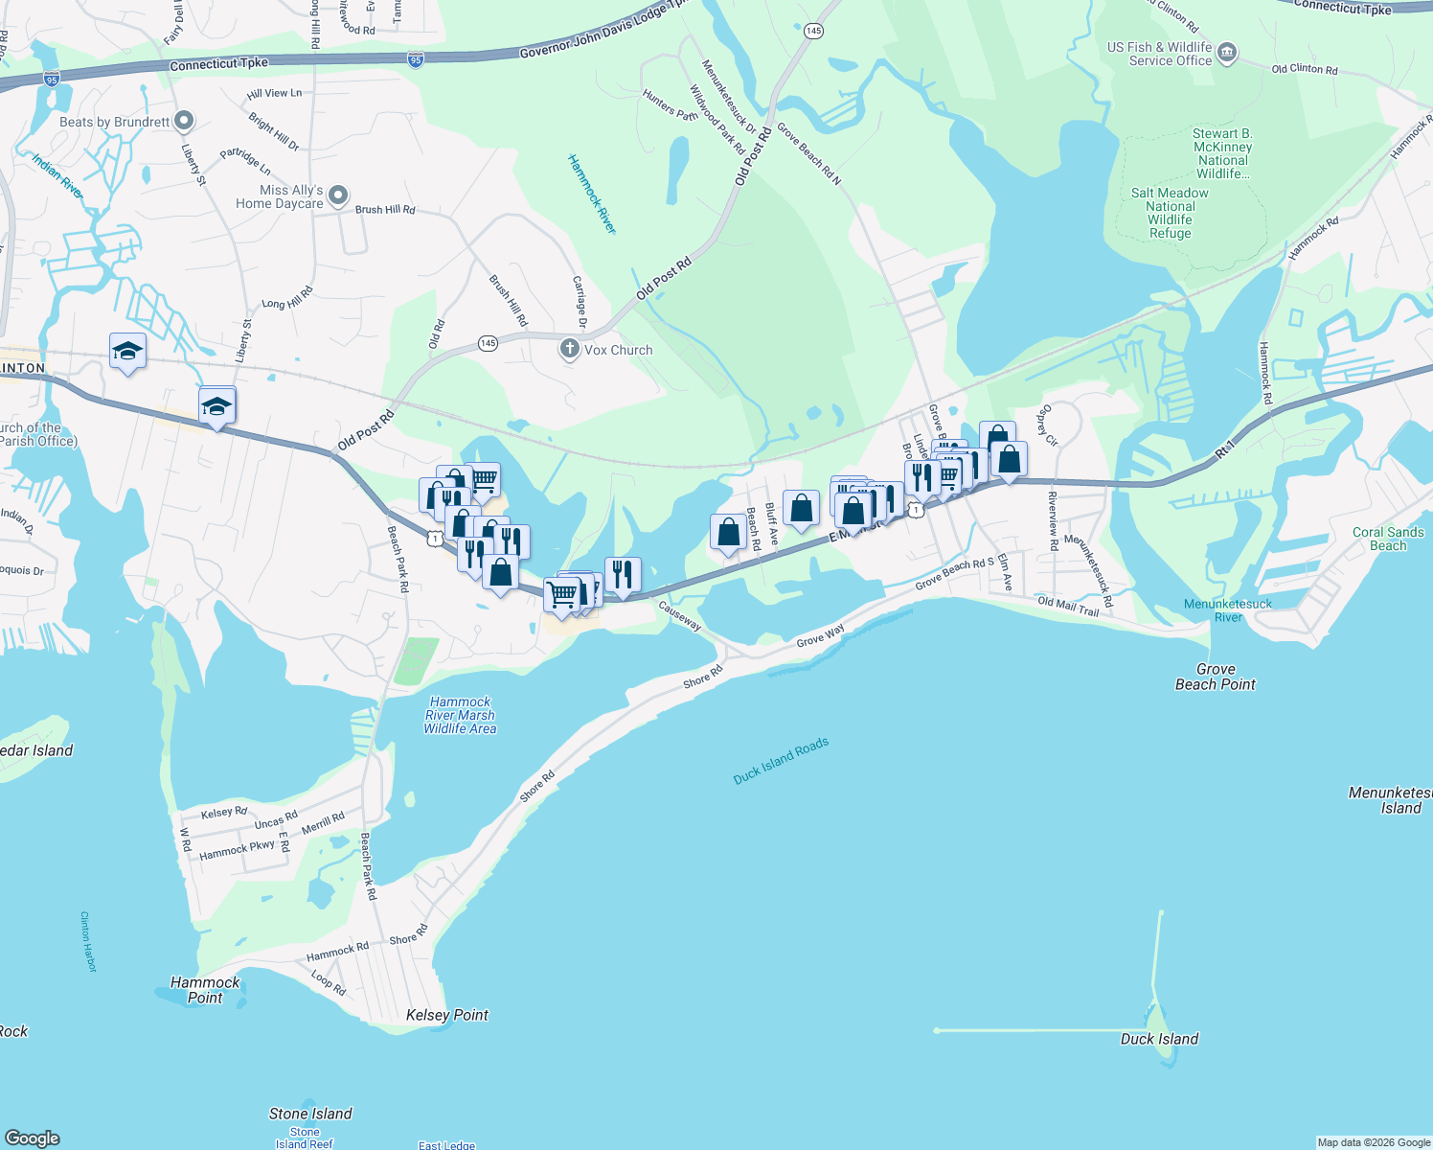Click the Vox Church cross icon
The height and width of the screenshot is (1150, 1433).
[570, 349]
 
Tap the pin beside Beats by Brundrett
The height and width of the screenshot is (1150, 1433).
[184, 122]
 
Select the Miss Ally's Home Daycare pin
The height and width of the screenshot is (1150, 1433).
[337, 196]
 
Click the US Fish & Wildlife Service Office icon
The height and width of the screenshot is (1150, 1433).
[1227, 54]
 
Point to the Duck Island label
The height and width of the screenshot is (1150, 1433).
[1159, 1039]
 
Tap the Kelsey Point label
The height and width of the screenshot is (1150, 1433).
[446, 1015]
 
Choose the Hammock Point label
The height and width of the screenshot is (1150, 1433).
[205, 990]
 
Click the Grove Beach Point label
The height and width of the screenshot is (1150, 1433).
[1215, 677]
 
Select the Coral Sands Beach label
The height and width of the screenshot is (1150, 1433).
[1387, 539]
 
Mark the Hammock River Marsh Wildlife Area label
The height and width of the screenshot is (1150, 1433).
[460, 716]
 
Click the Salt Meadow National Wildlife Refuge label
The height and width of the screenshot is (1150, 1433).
[1170, 213]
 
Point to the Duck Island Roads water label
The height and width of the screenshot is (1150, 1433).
[781, 761]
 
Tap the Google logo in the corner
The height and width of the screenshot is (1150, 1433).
[33, 1138]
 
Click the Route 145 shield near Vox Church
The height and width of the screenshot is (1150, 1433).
[488, 343]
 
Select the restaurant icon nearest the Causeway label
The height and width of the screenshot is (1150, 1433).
[623, 574]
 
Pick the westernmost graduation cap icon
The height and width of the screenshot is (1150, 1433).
[127, 351]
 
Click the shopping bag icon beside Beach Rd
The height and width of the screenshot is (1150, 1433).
[728, 532]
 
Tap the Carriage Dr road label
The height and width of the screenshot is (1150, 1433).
[579, 302]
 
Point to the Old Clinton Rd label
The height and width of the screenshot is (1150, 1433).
[1304, 69]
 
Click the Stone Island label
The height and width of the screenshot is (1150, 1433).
[310, 1114]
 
